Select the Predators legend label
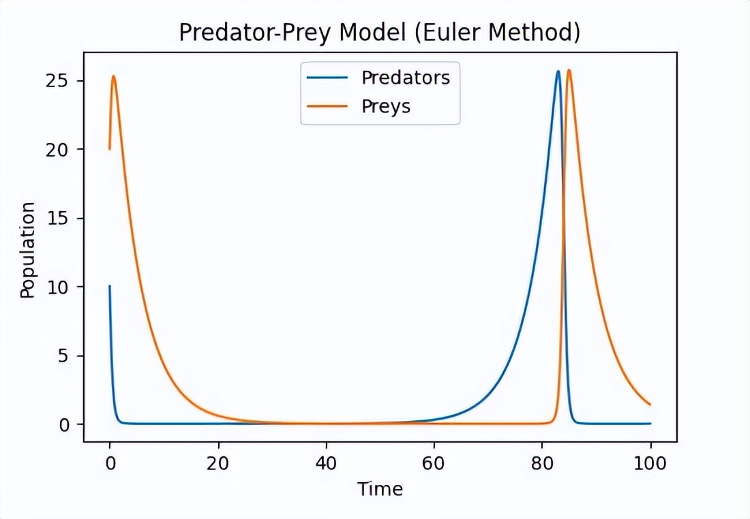[405, 78]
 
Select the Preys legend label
[386, 106]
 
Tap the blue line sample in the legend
[328, 78]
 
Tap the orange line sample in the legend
[328, 106]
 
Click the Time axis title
[380, 489]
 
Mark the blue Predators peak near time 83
[558, 72]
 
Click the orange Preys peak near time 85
[569, 70]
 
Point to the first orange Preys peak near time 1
[114, 76]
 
